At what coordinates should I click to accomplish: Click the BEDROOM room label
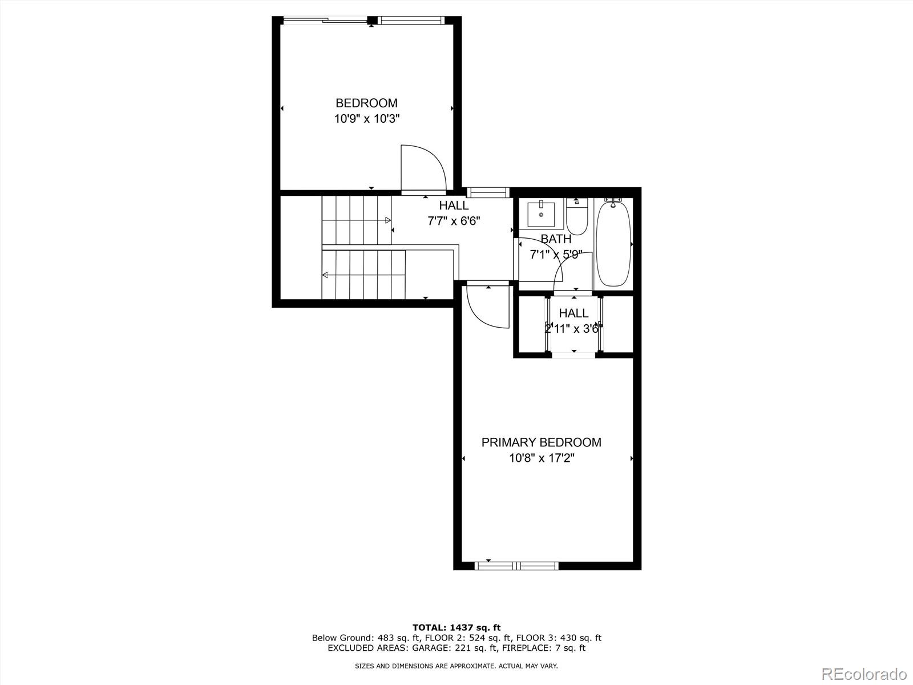click(366, 103)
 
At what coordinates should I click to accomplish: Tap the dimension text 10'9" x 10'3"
click(366, 119)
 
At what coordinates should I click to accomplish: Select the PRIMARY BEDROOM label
click(541, 442)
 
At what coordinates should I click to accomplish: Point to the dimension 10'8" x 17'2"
click(542, 458)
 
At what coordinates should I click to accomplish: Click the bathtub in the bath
click(613, 244)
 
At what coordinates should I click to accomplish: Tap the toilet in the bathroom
click(577, 216)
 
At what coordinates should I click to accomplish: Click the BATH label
click(556, 239)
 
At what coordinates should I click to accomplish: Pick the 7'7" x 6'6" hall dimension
click(454, 221)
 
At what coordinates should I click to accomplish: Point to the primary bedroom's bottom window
click(516, 566)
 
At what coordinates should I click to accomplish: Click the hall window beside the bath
click(487, 192)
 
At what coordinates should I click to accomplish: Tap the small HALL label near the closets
click(573, 313)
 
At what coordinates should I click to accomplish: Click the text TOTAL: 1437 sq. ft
click(457, 627)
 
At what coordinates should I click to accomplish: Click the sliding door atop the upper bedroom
click(326, 21)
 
